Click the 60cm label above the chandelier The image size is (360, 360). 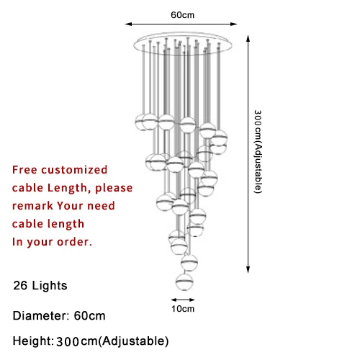182,15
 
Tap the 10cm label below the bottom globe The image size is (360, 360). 183,309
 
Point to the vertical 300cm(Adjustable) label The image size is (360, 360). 258,151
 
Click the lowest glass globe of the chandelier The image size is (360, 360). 184,282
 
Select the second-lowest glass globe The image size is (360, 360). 189,263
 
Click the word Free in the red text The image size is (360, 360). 24,170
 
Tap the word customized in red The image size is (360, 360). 74,170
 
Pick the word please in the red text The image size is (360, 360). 114,188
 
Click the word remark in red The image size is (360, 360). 32,206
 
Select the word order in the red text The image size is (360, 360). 74,242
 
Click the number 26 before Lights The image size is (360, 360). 20,285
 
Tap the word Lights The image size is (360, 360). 50,286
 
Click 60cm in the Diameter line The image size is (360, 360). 89,315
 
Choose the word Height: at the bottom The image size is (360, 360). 33,341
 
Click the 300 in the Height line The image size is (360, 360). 68,341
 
